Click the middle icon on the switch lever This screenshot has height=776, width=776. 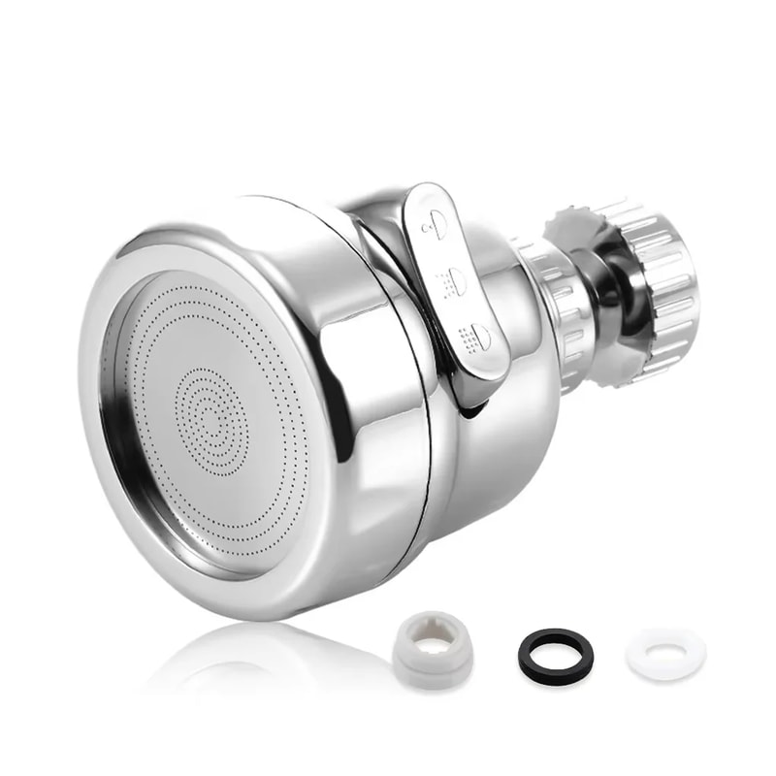[x=452, y=281]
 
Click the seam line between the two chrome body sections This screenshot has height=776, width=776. [x=407, y=388]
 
